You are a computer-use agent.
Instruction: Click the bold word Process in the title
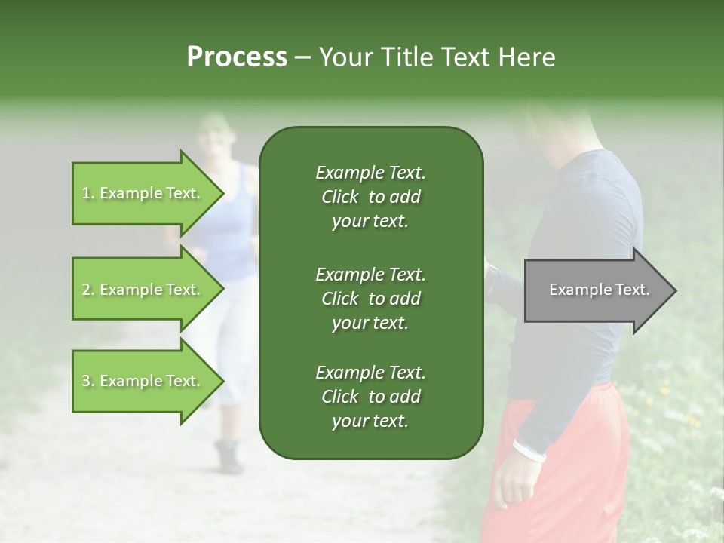pyautogui.click(x=237, y=57)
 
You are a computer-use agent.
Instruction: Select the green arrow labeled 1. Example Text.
pyautogui.click(x=143, y=193)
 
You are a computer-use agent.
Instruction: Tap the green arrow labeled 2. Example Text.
pyautogui.click(x=143, y=290)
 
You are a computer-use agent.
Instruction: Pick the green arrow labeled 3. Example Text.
pyautogui.click(x=143, y=381)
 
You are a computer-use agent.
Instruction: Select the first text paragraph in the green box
pyautogui.click(x=370, y=197)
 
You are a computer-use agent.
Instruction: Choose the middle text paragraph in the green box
pyautogui.click(x=370, y=298)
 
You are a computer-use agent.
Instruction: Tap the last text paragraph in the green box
pyautogui.click(x=370, y=397)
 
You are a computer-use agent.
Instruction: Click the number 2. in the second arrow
pyautogui.click(x=87, y=290)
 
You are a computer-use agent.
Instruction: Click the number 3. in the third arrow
pyautogui.click(x=87, y=381)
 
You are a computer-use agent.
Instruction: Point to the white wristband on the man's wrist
pyautogui.click(x=529, y=450)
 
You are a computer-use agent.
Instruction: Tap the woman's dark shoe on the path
pyautogui.click(x=228, y=456)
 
